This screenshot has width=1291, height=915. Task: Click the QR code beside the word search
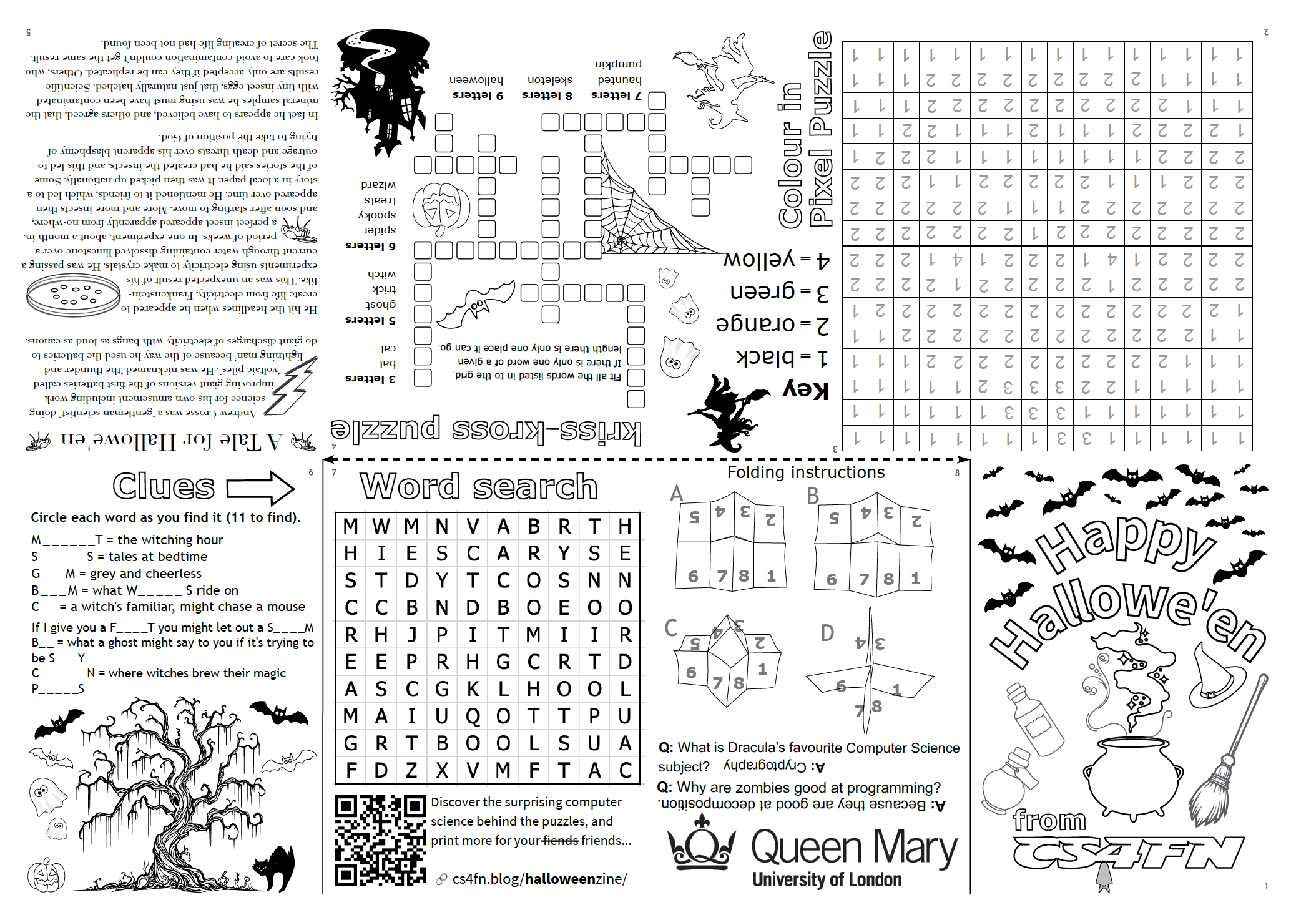coord(380,840)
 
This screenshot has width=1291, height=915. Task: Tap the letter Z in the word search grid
coord(411,770)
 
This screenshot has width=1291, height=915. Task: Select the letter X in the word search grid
coord(442,770)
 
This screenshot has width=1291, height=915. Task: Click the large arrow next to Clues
coord(260,487)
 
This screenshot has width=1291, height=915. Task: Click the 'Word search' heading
coord(479,486)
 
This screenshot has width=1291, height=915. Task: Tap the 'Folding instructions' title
coord(805,472)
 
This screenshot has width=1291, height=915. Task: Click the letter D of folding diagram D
coord(827,633)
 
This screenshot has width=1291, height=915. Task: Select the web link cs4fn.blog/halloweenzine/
coord(539,879)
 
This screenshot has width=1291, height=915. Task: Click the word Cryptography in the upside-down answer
coord(765,765)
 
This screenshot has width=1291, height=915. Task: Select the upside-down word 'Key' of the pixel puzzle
coord(805,389)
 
